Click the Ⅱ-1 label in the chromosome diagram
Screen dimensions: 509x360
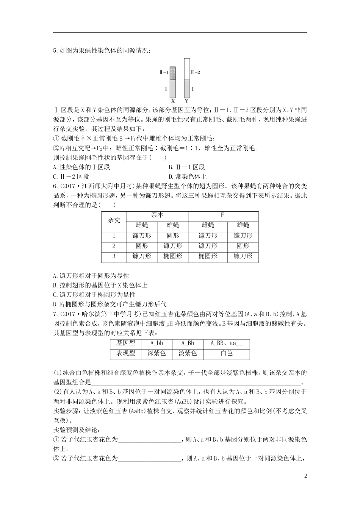pyautogui.click(x=163, y=72)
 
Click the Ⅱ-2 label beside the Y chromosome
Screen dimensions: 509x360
pyautogui.click(x=196, y=72)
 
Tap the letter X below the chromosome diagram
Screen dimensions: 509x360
pyautogui.click(x=173, y=101)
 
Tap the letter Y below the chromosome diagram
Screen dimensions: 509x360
pyautogui.click(x=186, y=101)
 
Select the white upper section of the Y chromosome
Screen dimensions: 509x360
pyautogui.click(x=186, y=69)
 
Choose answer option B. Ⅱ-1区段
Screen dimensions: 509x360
pyautogui.click(x=187, y=167)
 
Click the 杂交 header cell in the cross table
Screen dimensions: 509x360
pyautogui.click(x=114, y=220)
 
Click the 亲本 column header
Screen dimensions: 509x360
pyautogui.click(x=157, y=215)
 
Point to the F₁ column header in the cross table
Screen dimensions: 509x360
pyautogui.click(x=224, y=215)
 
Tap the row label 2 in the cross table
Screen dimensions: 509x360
pyautogui.click(x=114, y=246)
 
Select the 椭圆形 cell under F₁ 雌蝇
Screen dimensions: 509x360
pyautogui.click(x=208, y=256)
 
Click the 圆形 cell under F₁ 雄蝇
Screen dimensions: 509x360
pyautogui.click(x=243, y=246)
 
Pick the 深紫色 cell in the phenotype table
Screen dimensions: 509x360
pyautogui.click(x=156, y=353)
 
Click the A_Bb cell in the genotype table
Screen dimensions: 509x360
pyautogui.click(x=188, y=343)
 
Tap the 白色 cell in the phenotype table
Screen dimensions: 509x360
pyautogui.click(x=226, y=353)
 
